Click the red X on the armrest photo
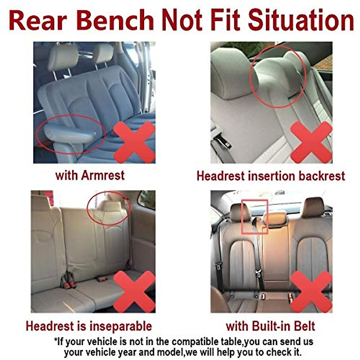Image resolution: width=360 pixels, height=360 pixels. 134,142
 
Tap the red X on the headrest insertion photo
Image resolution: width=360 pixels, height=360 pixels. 311,142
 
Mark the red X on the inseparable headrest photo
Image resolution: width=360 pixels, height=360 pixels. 134,291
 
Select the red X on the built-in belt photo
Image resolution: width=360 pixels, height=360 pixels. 311,291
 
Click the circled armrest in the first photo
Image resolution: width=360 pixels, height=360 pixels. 70,133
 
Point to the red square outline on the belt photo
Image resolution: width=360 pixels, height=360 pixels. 255,216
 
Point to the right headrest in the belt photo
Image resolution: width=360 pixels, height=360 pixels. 313,207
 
